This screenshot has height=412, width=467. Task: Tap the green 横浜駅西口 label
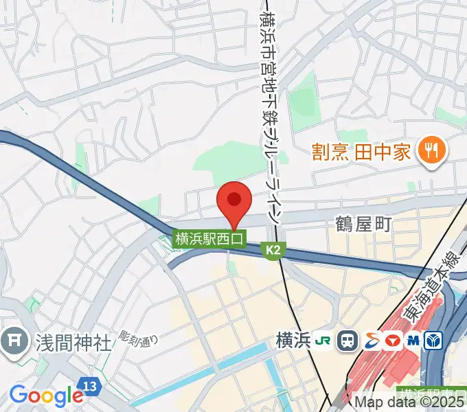(x=209, y=239)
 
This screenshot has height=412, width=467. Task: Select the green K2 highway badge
(x=273, y=252)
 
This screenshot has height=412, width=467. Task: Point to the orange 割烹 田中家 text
(x=361, y=150)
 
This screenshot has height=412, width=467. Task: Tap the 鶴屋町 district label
(x=363, y=224)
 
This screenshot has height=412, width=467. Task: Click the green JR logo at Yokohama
(x=323, y=340)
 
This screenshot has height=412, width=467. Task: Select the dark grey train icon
(x=348, y=340)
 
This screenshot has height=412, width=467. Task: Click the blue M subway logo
(x=413, y=340)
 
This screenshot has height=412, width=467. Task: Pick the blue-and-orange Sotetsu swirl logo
(x=371, y=340)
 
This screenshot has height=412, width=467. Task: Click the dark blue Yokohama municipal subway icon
(x=434, y=340)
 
